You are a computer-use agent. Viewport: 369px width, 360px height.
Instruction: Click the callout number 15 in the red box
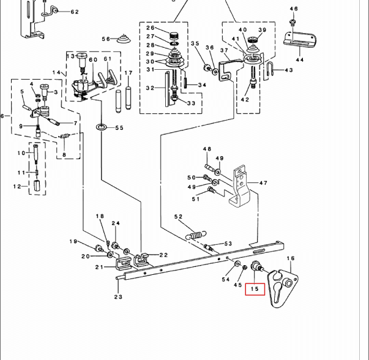(255, 287)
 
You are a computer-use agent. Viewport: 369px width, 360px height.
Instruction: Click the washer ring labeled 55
(100, 127)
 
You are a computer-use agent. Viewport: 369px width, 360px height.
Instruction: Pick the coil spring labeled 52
(198, 233)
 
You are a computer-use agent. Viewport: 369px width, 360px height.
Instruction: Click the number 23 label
(117, 297)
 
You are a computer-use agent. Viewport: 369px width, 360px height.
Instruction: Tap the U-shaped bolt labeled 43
(270, 72)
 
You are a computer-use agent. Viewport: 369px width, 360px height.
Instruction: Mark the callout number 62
(74, 12)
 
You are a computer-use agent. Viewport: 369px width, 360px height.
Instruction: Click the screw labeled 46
(294, 22)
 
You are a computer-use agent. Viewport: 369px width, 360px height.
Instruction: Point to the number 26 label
(151, 28)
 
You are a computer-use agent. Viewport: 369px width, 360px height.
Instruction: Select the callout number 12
(18, 186)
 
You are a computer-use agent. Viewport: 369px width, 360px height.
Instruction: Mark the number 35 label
(195, 43)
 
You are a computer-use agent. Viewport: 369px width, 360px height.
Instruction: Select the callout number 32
(151, 88)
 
